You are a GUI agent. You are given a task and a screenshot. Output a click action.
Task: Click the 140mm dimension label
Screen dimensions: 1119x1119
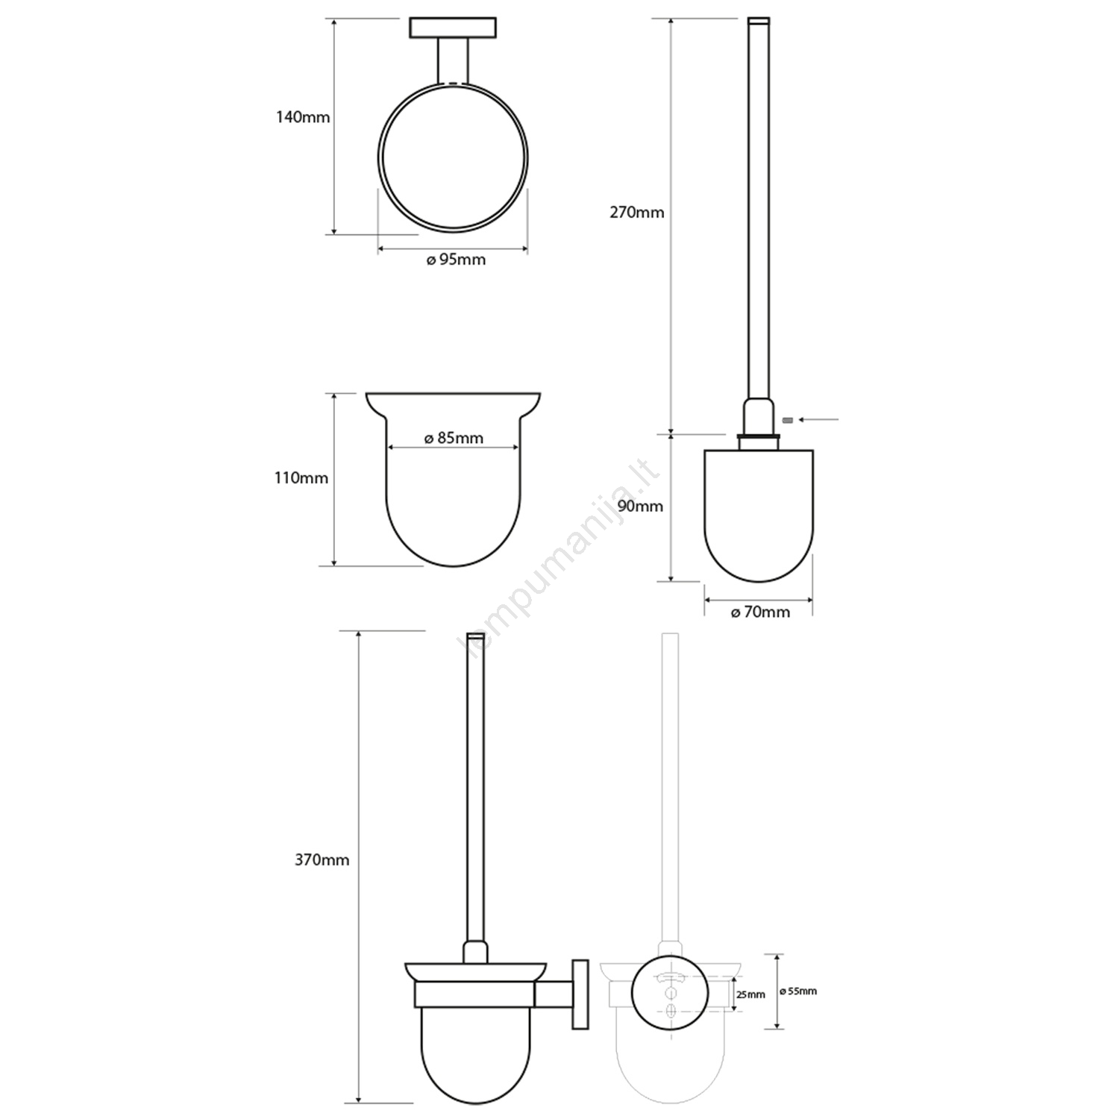tap(303, 117)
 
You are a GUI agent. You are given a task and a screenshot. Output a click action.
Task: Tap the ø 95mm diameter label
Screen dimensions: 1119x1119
tap(456, 260)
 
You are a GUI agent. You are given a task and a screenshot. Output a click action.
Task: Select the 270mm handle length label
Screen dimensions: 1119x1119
tap(637, 212)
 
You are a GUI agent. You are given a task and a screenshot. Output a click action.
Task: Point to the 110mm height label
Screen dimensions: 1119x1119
tap(301, 477)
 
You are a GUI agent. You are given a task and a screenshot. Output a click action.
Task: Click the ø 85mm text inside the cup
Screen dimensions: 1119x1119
tap(454, 438)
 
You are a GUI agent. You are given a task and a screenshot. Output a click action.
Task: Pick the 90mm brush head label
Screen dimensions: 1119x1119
tap(640, 506)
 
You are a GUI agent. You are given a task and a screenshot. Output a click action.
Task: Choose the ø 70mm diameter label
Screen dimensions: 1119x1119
tap(760, 612)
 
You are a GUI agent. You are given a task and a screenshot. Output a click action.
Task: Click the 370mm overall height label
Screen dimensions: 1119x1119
tap(322, 859)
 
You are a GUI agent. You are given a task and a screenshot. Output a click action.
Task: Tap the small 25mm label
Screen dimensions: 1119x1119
tap(750, 994)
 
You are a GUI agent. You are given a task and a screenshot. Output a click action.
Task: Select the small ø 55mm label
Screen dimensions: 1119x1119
tap(797, 991)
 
